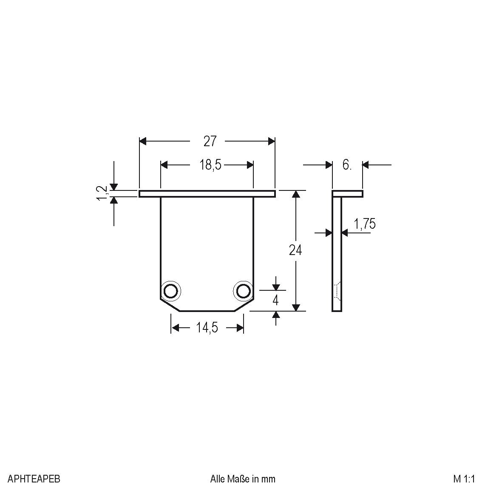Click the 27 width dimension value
click(210, 141)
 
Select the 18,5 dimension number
click(210, 165)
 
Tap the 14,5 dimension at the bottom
click(207, 328)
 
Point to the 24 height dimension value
click(295, 250)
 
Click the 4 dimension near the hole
click(275, 301)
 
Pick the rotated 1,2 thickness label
click(102, 193)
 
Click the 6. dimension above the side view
click(347, 165)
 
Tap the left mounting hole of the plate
click(170, 291)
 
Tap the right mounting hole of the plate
click(244, 291)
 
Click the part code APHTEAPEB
click(34, 479)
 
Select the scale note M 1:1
click(464, 479)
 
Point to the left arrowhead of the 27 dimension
click(143, 141)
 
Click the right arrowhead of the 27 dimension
click(272, 141)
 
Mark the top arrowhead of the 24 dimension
click(296, 194)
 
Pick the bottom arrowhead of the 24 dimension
click(296, 307)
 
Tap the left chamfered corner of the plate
click(170, 305)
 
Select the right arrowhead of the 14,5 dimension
click(240, 328)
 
